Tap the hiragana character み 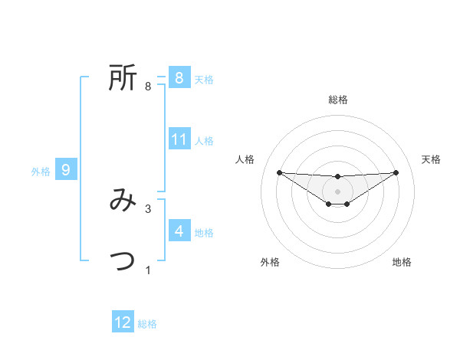pos(123,201)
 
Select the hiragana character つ pos(123,261)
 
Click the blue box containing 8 pos(179,77)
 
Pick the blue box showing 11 pos(179,139)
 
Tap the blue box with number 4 pos(179,231)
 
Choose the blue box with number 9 pos(66,170)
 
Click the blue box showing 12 pos(123,322)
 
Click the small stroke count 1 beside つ pos(148,270)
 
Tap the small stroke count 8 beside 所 pos(148,87)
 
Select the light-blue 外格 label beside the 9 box pos(41,172)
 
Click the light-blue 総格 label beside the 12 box pos(147,324)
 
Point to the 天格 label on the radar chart pos(432,159)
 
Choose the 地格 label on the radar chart pos(402,262)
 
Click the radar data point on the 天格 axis pos(396,172)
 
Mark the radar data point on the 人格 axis pos(279,172)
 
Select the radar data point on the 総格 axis pos(337,177)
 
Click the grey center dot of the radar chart pos(337,191)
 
